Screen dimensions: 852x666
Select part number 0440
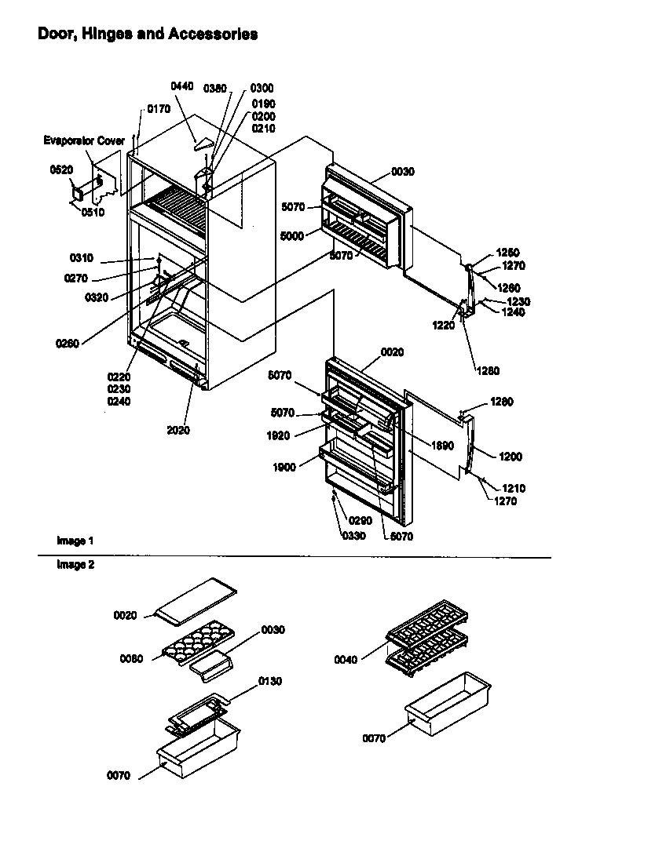pos(182,86)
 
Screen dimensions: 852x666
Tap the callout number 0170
pos(159,109)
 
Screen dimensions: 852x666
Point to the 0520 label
pos(60,169)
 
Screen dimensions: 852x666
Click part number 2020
pos(178,430)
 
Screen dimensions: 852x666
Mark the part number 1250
pos(507,253)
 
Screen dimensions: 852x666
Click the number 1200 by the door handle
pos(510,456)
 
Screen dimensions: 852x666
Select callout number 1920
pos(279,435)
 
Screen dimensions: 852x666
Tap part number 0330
pos(353,536)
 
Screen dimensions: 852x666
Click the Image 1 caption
pos(75,541)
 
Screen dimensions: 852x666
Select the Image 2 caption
pos(75,565)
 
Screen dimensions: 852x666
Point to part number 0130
pos(269,681)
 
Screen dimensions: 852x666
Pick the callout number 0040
pos(345,660)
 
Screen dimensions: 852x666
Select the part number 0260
pos(68,343)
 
